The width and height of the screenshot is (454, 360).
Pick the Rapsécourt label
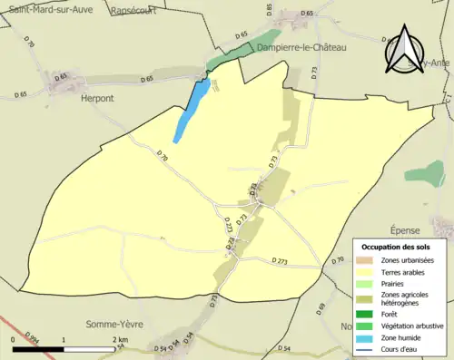pos(133,11)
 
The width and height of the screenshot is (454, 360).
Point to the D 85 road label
pos(270,10)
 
